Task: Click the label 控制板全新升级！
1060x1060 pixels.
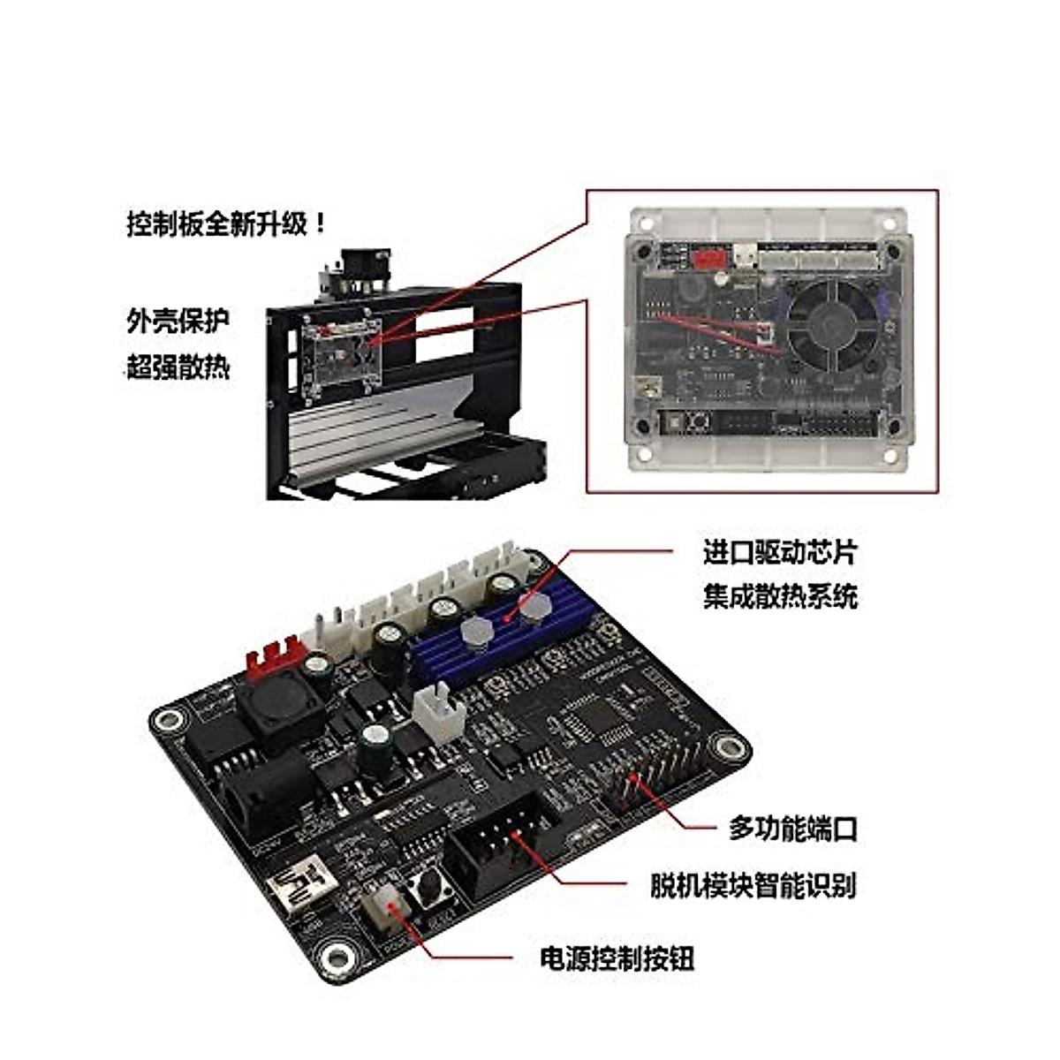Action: click(227, 223)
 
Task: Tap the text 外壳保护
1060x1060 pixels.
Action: click(178, 320)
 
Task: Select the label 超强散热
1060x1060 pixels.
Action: click(178, 366)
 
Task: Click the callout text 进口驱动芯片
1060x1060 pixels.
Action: click(779, 553)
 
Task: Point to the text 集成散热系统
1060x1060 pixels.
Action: click(779, 597)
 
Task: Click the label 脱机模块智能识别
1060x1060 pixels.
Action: click(753, 884)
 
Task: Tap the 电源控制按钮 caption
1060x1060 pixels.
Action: click(617, 958)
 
